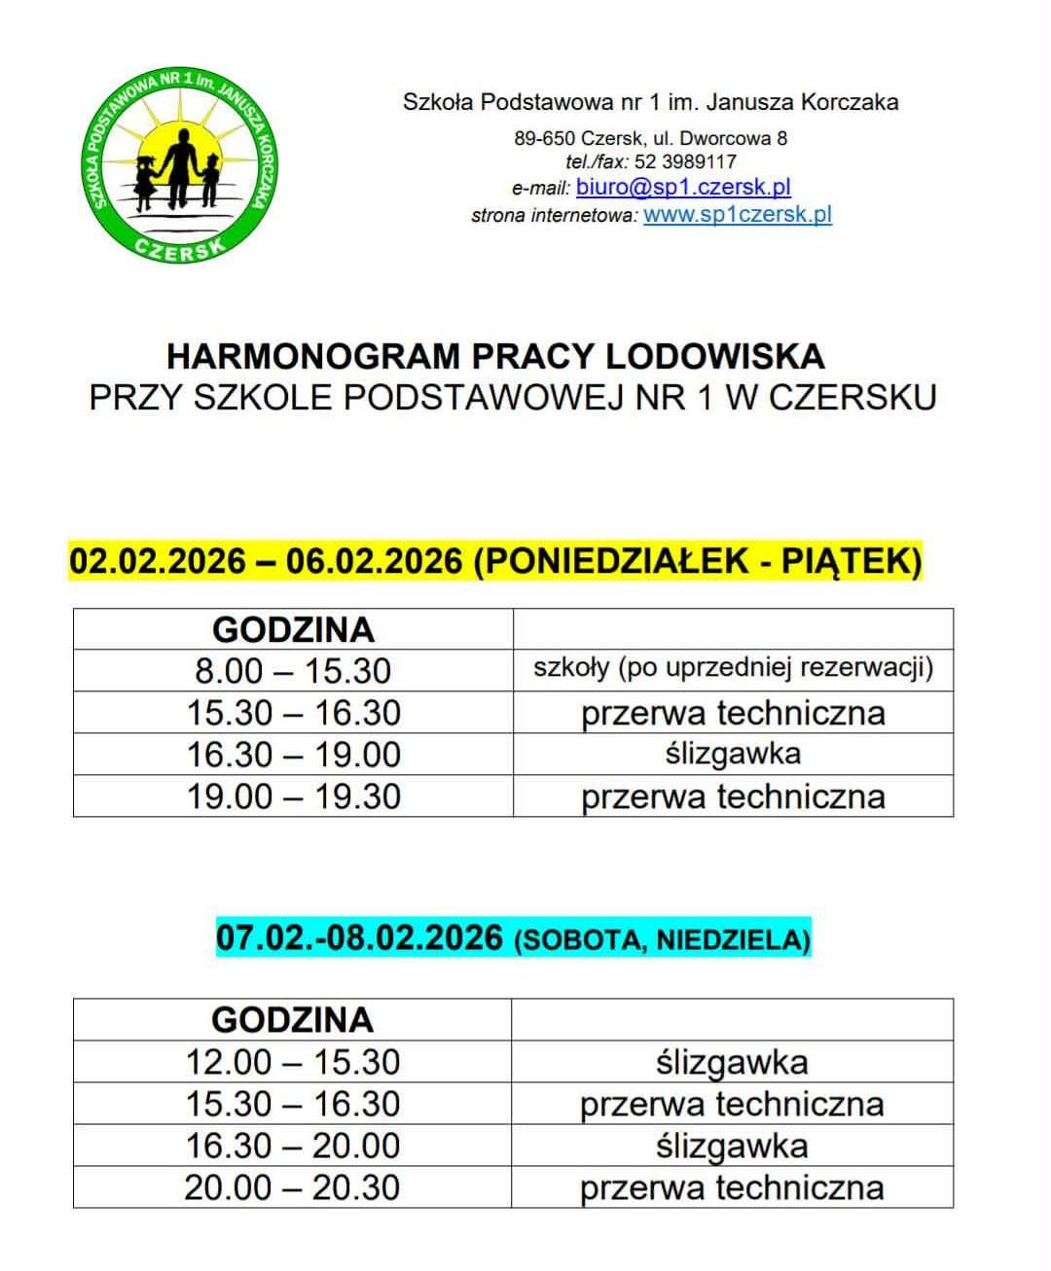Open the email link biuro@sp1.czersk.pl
point(682,187)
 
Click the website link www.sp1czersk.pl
point(738,215)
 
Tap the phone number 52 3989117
point(685,161)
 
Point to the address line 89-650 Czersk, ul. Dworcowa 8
point(650,138)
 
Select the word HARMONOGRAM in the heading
point(311,356)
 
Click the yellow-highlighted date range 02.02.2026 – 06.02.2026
point(266,562)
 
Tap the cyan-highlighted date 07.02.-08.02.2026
point(359,938)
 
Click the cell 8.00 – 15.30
point(293,671)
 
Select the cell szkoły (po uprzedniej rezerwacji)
point(733,668)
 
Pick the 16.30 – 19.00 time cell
point(293,755)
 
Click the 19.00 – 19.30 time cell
point(293,796)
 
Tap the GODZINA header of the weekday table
point(293,629)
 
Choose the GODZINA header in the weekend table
point(292,1019)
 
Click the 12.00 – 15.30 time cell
point(292,1062)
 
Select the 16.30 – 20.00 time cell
point(292,1146)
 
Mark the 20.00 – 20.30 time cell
point(292,1187)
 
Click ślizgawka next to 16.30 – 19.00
point(733,755)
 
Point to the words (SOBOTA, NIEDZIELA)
point(662,940)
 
